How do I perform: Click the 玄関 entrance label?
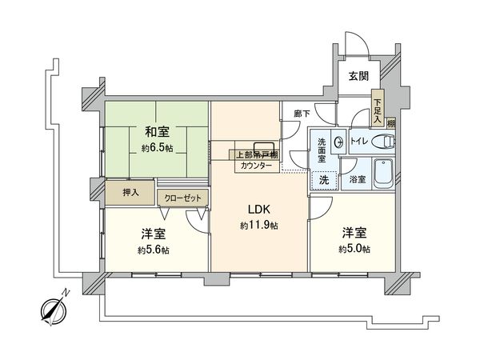tap(358, 76)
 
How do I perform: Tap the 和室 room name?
tap(156, 132)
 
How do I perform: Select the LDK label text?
tap(258, 210)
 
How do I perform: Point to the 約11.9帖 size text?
tap(258, 226)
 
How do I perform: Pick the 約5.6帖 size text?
tap(152, 250)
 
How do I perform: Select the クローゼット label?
tap(184, 197)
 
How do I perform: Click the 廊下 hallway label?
tap(301, 114)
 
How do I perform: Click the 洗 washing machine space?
tap(324, 180)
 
